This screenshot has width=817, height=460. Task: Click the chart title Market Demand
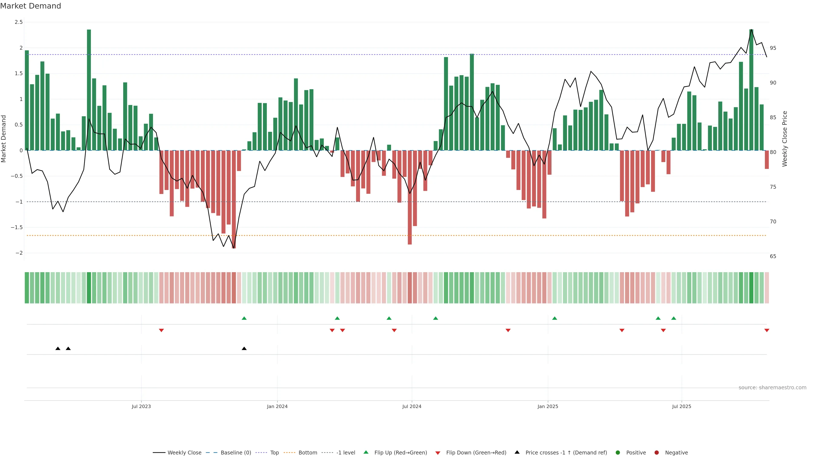click(30, 6)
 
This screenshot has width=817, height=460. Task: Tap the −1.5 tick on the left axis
click(17, 227)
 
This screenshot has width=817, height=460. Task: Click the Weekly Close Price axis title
click(785, 139)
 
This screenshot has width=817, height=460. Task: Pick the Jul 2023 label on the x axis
click(141, 406)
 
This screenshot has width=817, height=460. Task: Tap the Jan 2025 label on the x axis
click(548, 406)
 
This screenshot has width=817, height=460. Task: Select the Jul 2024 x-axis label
click(412, 406)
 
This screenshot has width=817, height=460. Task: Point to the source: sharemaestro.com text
click(772, 388)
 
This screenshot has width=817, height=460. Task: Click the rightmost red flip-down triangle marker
click(767, 331)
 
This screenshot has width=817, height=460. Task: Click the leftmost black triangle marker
click(58, 349)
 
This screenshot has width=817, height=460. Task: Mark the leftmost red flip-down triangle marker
click(161, 331)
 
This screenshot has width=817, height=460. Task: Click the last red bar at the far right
click(767, 160)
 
